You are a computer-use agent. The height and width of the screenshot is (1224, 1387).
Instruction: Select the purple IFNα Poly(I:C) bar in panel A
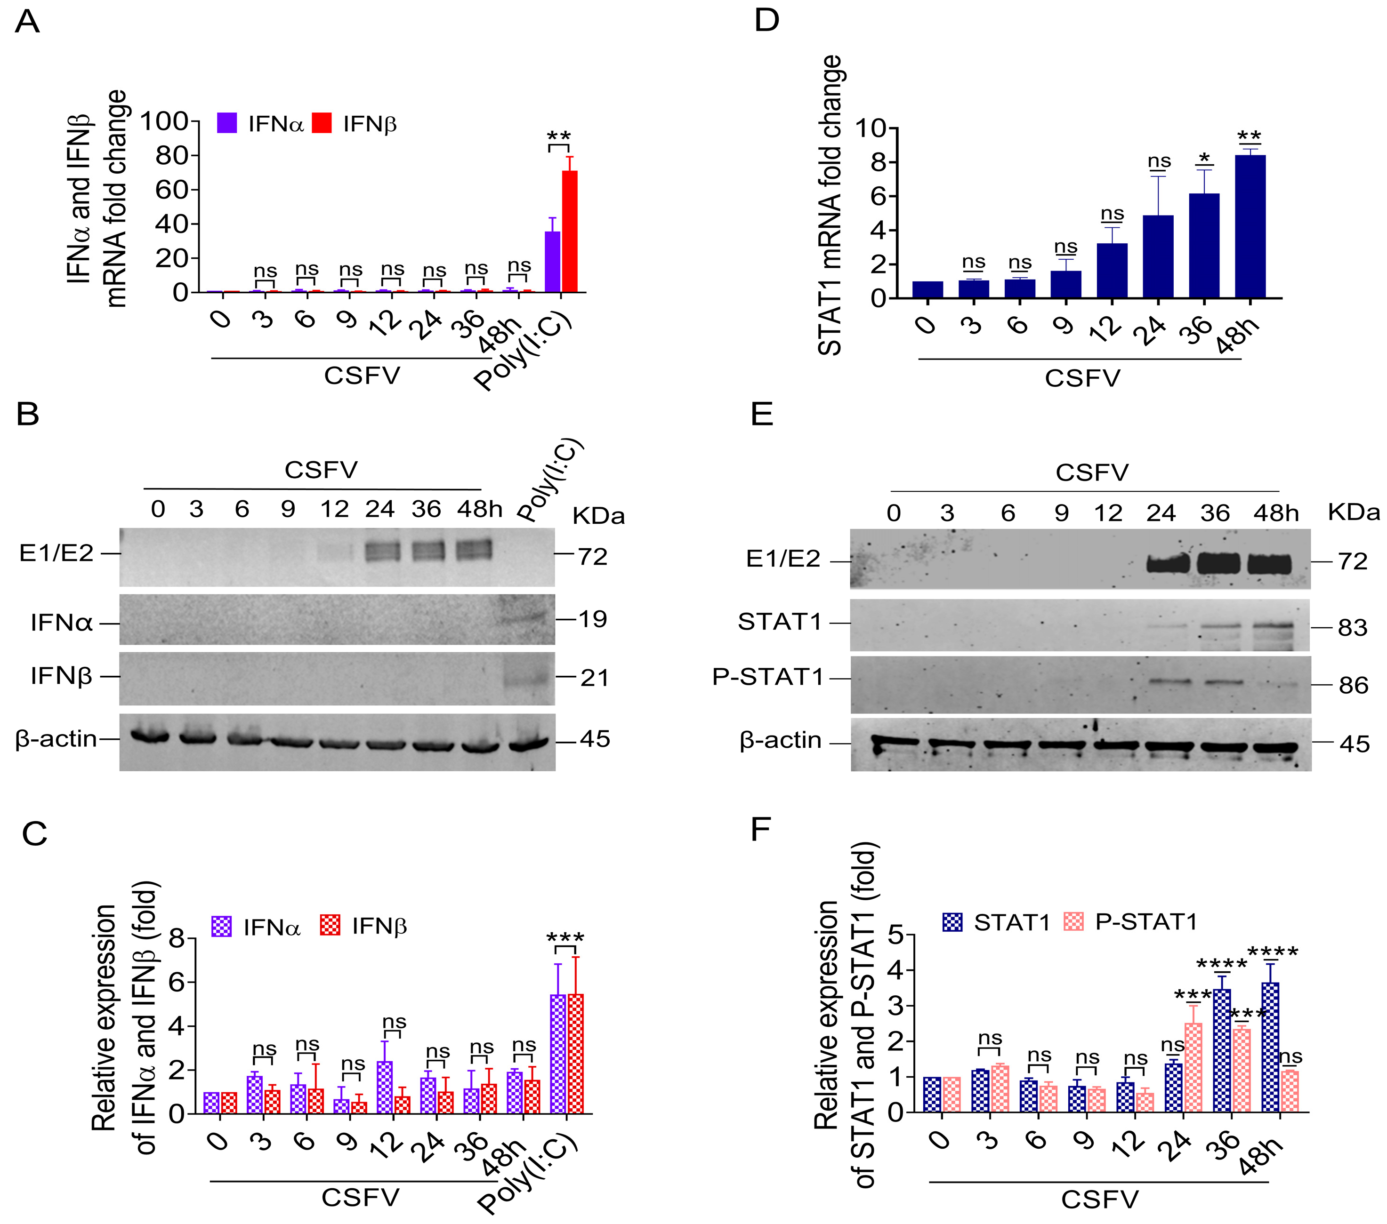pyautogui.click(x=552, y=262)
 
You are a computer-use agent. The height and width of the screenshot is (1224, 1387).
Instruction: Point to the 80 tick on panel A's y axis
pyautogui.click(x=172, y=155)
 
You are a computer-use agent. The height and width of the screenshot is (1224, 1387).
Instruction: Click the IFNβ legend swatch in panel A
pyautogui.click(x=322, y=123)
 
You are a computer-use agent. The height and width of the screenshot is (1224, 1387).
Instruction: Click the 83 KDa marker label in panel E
pyautogui.click(x=1352, y=628)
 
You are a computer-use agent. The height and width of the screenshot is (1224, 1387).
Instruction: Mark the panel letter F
pyautogui.click(x=761, y=829)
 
